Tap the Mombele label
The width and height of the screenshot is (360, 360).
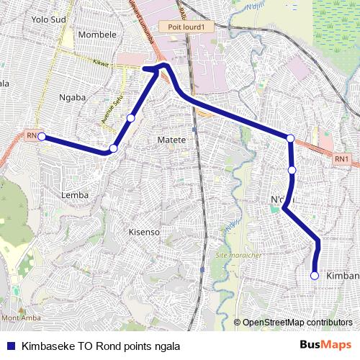[96, 34]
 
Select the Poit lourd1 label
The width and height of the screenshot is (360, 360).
[187, 27]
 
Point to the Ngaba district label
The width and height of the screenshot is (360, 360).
[73, 96]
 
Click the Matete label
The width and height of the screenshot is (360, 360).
[171, 139]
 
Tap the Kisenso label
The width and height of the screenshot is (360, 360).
[143, 232]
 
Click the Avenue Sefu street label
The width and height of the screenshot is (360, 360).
[112, 108]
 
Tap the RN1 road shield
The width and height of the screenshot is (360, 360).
[341, 158]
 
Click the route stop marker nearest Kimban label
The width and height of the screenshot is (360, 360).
[315, 275]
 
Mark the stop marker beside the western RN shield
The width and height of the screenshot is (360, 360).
[42, 135]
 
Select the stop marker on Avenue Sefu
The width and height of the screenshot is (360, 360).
[131, 118]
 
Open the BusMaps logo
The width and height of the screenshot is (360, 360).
[325, 345]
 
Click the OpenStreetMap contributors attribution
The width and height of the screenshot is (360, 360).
[297, 322]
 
